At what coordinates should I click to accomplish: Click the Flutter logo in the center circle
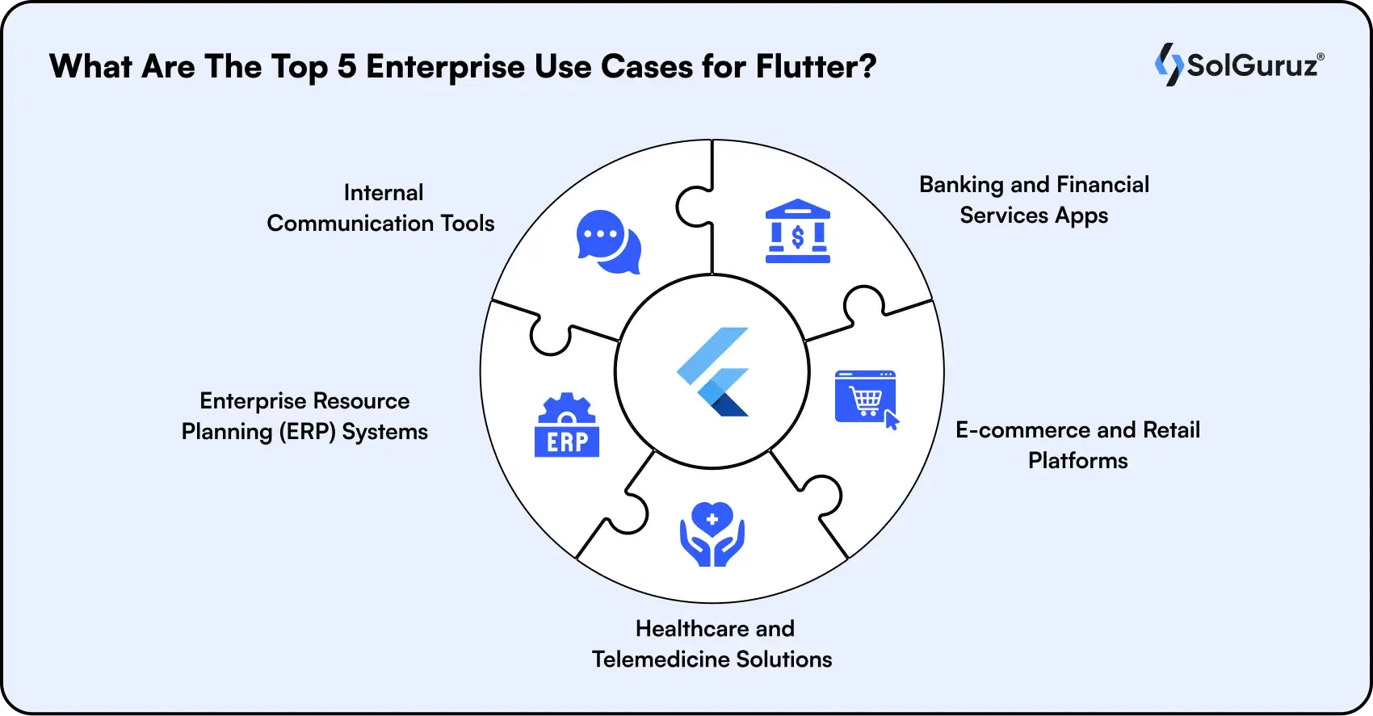[x=713, y=371]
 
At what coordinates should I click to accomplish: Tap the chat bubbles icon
[x=608, y=242]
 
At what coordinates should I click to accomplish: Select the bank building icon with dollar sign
[x=797, y=231]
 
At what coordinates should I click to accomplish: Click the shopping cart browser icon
[x=866, y=398]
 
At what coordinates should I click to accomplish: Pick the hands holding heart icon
[x=712, y=534]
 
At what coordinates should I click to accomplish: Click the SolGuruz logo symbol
[x=1168, y=65]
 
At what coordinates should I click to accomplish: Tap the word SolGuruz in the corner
[x=1252, y=65]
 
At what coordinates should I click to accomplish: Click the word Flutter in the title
[x=815, y=66]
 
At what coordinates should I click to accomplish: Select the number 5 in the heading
[x=346, y=66]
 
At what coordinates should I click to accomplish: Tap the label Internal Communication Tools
[x=381, y=208]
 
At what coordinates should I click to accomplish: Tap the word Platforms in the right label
[x=1077, y=461]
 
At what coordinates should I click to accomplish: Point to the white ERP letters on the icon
[x=567, y=442]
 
